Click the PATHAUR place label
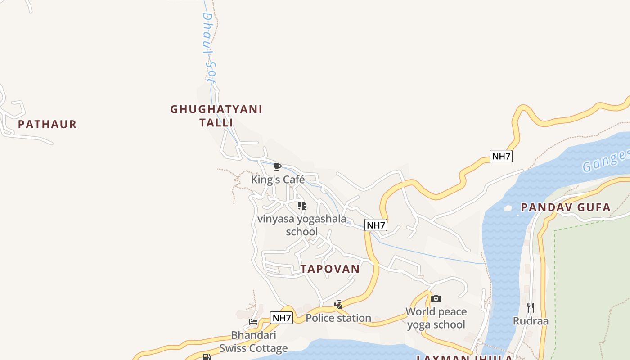tap(47, 124)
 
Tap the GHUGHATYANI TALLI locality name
tap(216, 116)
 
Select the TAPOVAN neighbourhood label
tap(330, 269)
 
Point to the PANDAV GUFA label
tap(566, 207)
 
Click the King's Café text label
tap(278, 180)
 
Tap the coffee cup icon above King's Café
tap(278, 167)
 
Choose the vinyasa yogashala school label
tap(302, 225)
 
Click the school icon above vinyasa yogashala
tap(301, 206)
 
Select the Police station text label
tap(338, 318)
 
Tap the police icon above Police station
tap(338, 305)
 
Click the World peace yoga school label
tap(436, 318)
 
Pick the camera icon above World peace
tap(436, 298)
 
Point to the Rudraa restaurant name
tap(531, 321)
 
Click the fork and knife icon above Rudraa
tap(531, 308)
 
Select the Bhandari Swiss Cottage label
tap(253, 342)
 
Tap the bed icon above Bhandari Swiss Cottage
tap(253, 322)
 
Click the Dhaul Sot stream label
tap(208, 47)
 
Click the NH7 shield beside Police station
tap(282, 318)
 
